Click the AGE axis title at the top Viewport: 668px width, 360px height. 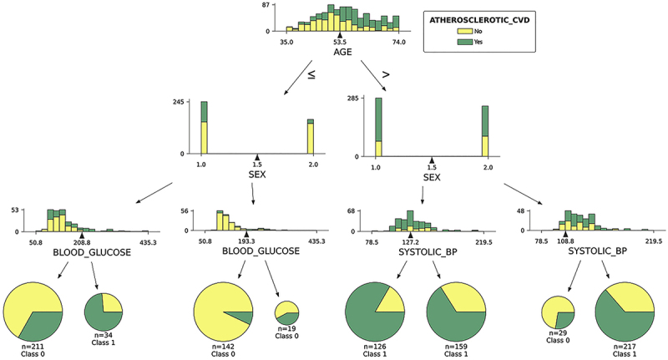(342, 52)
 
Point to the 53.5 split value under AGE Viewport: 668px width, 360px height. (341, 41)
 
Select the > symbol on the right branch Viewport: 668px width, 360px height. (385, 74)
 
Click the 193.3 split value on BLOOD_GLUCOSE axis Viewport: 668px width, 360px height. (246, 241)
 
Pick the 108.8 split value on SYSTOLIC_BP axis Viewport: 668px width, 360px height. (565, 241)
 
